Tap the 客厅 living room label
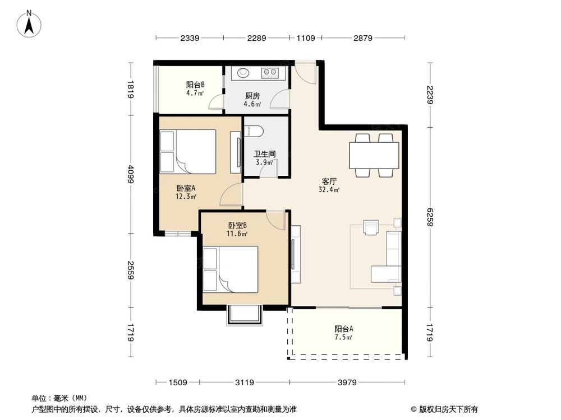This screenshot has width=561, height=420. click(x=329, y=181)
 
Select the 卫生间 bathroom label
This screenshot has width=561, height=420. click(x=263, y=154)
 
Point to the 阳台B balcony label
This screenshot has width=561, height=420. click(x=195, y=85)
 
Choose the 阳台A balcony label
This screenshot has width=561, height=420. click(x=344, y=329)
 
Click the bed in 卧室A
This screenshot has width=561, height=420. click(x=187, y=151)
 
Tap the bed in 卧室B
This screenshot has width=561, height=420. click(x=230, y=269)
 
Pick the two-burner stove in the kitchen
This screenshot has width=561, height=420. click(x=270, y=72)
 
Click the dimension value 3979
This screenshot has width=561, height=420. click(x=346, y=382)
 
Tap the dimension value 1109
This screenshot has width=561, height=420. click(x=305, y=38)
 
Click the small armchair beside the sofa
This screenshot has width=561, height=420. click(x=371, y=227)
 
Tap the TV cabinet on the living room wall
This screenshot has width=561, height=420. click(x=296, y=254)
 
